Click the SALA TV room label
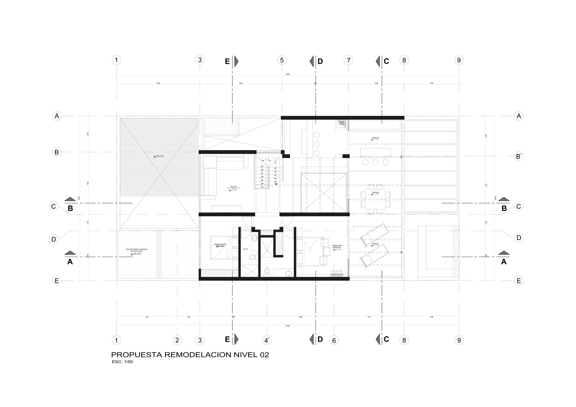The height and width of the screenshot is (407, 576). point(233,187)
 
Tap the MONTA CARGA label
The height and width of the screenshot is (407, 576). point(341,123)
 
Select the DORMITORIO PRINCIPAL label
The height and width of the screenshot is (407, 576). point(337,247)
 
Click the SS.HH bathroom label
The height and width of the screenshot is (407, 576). point(245,249)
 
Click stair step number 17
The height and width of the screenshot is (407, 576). point(275,182)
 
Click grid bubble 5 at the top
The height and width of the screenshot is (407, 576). point(282,60)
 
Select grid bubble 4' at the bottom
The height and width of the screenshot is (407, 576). point(267,340)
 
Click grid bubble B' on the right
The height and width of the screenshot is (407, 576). point(518,156)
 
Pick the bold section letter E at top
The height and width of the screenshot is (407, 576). point(227,61)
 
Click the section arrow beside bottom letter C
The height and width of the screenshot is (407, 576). point(378,339)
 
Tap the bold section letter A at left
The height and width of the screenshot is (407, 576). point(70,262)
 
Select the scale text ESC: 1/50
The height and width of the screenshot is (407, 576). point(122,362)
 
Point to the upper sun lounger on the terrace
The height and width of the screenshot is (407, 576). point(374,235)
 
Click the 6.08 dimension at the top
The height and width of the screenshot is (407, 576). point(158,83)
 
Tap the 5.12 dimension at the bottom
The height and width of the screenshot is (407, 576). point(369,317)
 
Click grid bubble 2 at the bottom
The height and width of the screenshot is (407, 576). point(177,340)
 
